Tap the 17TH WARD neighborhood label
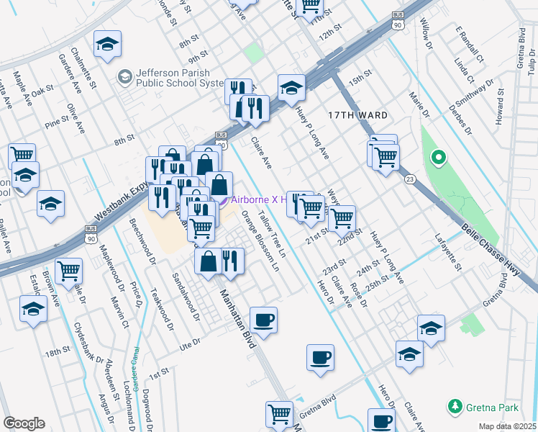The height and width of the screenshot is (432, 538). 357,115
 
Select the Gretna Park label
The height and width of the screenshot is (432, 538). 492,408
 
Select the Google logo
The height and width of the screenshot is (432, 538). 24,423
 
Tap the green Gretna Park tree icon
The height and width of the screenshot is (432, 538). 454,408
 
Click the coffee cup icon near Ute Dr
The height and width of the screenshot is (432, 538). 264,320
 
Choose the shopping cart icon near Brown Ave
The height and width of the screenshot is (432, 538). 68,271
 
